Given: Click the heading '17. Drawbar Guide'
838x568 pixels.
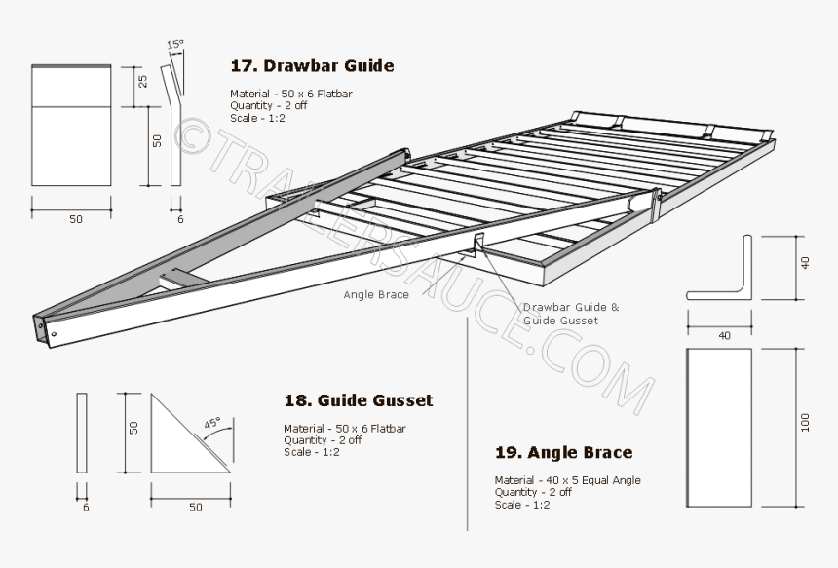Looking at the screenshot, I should point(312,66).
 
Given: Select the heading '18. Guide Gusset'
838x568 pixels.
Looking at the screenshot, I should point(358,400).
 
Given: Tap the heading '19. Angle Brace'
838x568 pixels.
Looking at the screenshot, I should point(563,452).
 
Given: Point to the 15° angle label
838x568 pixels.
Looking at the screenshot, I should point(174,45).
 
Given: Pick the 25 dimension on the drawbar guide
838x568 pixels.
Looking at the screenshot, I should point(142,82).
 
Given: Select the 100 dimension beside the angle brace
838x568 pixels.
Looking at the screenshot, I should point(805,422).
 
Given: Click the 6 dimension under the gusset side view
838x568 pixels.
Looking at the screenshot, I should point(85,508).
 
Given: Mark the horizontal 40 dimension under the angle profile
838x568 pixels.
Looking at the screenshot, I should point(724,336).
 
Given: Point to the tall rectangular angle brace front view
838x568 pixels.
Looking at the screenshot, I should point(719,429).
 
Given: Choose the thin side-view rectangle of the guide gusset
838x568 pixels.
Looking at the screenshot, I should point(82,433).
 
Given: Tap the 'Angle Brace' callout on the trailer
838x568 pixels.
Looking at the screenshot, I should point(375,294).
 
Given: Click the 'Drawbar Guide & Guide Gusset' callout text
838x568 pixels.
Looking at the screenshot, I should point(570,313).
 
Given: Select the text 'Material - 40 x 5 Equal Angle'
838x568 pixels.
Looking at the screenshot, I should point(567,480).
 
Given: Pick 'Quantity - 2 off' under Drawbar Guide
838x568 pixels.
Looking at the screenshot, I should point(268,106).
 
